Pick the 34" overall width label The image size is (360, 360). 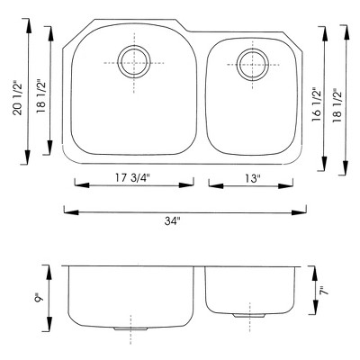coord(184,220)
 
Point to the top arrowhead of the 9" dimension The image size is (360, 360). coord(49,268)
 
